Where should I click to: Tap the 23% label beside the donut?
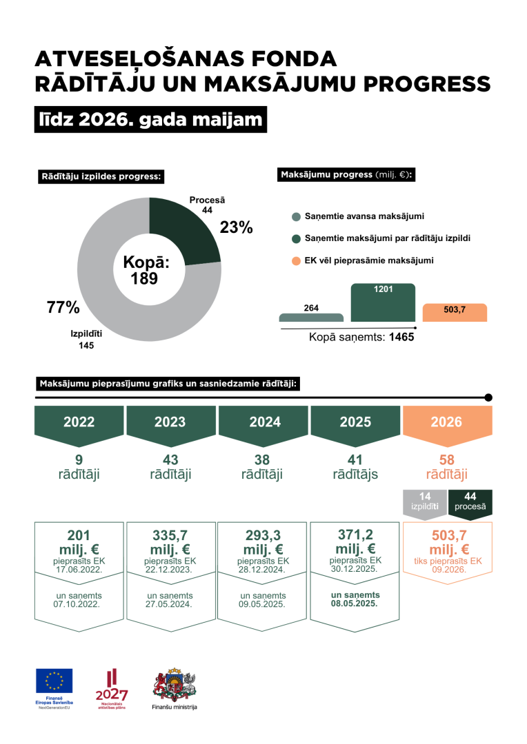tap(236, 227)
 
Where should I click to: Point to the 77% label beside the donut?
tap(63, 307)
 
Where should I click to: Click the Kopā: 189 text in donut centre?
tap(146, 270)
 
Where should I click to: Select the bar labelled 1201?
tap(383, 302)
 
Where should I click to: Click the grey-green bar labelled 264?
tap(311, 318)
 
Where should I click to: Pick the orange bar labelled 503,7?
tap(455, 313)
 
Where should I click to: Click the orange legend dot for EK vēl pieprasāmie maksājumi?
tap(296, 261)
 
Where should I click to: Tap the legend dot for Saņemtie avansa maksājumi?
tap(296, 217)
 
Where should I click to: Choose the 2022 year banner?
tap(79, 425)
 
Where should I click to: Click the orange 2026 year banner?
tap(447, 425)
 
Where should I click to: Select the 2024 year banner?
tap(263, 425)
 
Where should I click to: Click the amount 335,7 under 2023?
tap(170, 535)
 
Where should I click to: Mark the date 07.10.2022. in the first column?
tap(77, 605)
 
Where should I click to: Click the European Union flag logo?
tap(54, 681)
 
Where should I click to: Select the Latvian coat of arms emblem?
tap(175, 685)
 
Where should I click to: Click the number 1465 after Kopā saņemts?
tap(401, 338)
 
